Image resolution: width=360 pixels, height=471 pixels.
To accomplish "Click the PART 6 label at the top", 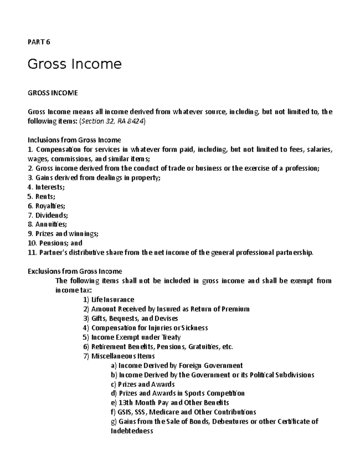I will pyautogui.click(x=39, y=42).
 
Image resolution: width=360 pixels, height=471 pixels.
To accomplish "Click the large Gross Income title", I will pyautogui.click(x=74, y=64).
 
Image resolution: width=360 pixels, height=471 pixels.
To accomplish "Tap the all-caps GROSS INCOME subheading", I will pyautogui.click(x=52, y=93).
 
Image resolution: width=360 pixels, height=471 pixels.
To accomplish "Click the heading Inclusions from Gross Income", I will pyautogui.click(x=74, y=140).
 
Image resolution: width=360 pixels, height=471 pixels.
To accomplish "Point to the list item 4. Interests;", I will pyautogui.click(x=46, y=187).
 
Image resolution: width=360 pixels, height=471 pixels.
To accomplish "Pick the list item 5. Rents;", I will pyautogui.click(x=41, y=197).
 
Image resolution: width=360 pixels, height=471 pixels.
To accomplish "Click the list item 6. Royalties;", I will pyautogui.click(x=46, y=206).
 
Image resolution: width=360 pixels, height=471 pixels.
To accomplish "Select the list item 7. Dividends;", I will pyautogui.click(x=48, y=215).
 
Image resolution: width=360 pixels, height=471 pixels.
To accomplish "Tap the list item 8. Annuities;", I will pyautogui.click(x=47, y=225).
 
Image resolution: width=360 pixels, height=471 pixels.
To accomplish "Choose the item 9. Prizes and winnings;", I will pyautogui.click(x=63, y=234).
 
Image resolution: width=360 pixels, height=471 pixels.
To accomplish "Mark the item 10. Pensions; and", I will pyautogui.click(x=55, y=243).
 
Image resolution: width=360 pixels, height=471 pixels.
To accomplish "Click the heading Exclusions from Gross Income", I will pyautogui.click(x=75, y=271).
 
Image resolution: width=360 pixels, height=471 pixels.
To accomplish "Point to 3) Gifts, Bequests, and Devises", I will pyautogui.click(x=130, y=318).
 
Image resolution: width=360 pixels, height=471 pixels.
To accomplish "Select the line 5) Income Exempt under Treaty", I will pyautogui.click(x=132, y=337).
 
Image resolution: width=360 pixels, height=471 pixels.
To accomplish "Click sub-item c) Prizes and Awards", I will pyautogui.click(x=142, y=384).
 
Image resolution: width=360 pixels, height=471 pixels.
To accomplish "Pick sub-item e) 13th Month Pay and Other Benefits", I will pyautogui.click(x=170, y=403).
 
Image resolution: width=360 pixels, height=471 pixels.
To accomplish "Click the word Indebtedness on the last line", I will pyautogui.click(x=132, y=431).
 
